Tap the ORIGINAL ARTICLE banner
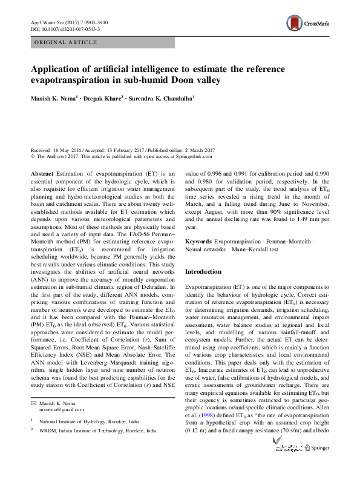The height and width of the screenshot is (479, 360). [65, 42]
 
